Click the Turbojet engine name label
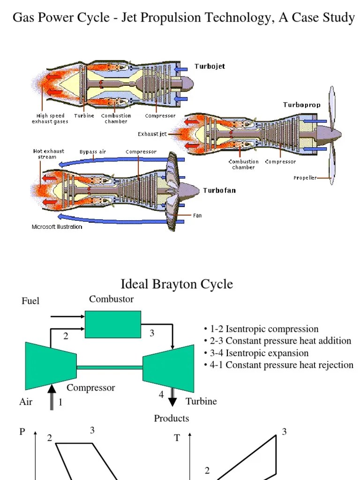210,66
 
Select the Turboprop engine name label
301,105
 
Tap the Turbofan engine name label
219,190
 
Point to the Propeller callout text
305,178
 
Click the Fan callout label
197,216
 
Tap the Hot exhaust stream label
48,154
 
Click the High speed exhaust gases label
52,119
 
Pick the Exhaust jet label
152,134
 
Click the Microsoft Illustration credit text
57,227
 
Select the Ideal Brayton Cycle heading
177,284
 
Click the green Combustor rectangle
113,324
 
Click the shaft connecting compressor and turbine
110,367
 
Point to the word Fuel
30,301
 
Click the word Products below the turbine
172,418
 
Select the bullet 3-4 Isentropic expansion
256,353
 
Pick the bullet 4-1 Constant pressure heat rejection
279,365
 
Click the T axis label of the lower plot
177,438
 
